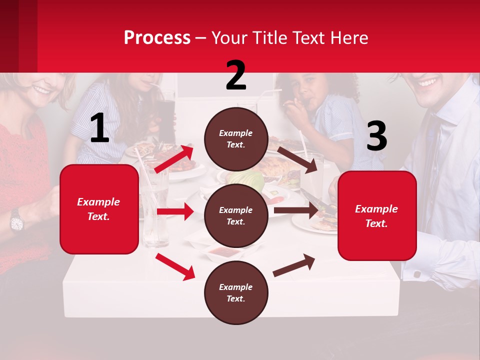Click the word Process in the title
(157, 38)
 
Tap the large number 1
(99, 128)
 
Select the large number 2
(236, 75)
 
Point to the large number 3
(376, 136)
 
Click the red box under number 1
(99, 209)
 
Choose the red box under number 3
(377, 215)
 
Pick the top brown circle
(236, 139)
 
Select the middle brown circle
(236, 215)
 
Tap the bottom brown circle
(236, 292)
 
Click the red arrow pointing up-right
(174, 158)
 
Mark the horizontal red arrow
(175, 211)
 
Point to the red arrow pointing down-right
(175, 266)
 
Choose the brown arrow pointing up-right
(294, 265)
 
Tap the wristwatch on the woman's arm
(16, 220)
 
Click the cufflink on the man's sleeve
(417, 274)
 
